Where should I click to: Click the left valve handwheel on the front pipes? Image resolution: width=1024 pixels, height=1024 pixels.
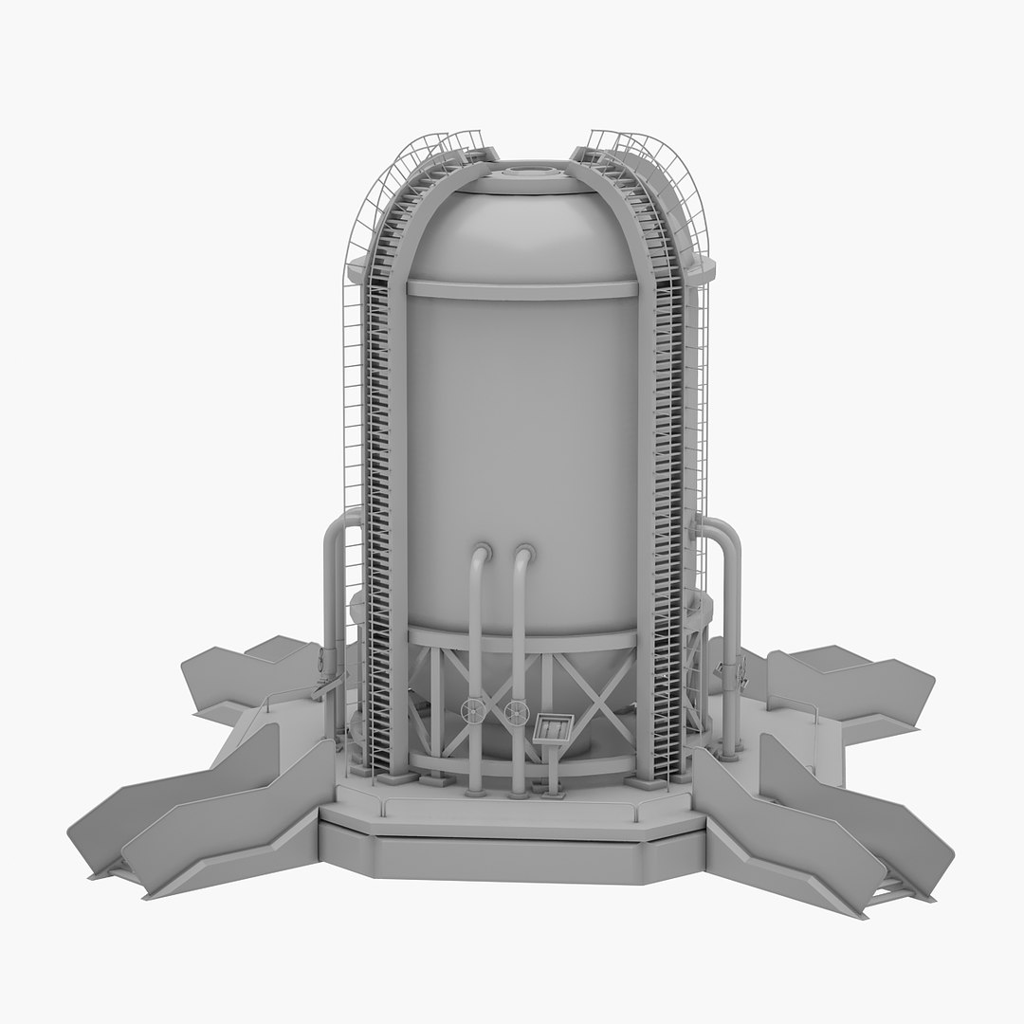472,710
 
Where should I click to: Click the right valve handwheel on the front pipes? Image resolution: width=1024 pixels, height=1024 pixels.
516,712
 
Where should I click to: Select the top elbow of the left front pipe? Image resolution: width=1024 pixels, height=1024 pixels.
481,553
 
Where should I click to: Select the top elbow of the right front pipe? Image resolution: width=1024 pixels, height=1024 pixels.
522,553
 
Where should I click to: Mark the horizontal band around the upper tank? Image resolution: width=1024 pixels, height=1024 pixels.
521,289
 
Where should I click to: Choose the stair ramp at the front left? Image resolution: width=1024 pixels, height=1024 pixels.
199,815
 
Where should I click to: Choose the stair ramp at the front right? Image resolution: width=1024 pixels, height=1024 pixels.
834,825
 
